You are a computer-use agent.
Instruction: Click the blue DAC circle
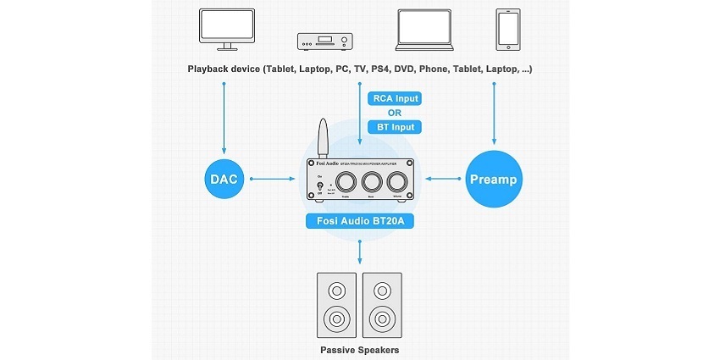pos(224,179)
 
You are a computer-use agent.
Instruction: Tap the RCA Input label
pos(395,99)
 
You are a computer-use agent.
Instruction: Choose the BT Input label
pos(395,128)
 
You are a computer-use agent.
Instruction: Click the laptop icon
pos(428,30)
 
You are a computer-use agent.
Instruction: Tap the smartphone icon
pos(507,30)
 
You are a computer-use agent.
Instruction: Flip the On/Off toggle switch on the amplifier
pos(318,189)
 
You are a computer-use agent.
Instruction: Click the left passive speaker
pos(337,306)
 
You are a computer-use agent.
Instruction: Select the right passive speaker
pos(383,306)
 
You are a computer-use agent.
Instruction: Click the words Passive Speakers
pos(360,349)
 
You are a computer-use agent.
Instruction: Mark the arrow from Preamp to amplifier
pos(445,179)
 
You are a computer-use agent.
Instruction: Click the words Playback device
pos(224,68)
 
